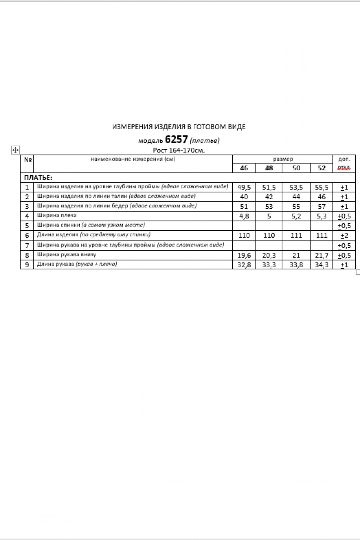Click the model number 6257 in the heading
[176, 139]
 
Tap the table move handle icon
[15, 150]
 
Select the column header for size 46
[244, 168]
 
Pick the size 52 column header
[321, 168]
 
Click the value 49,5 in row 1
[244, 187]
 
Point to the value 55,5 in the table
[321, 187]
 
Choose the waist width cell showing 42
[269, 197]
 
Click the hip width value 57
[321, 207]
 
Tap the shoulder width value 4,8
[244, 216]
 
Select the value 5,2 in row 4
[296, 216]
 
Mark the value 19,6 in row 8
[244, 255]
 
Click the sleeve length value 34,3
[321, 265]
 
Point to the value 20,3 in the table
[269, 255]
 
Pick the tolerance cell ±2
[344, 235]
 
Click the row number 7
[27, 246]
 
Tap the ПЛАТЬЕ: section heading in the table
[38, 178]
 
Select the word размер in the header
[283, 159]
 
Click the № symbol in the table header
[28, 160]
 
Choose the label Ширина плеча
[57, 215]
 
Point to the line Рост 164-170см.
[179, 150]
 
